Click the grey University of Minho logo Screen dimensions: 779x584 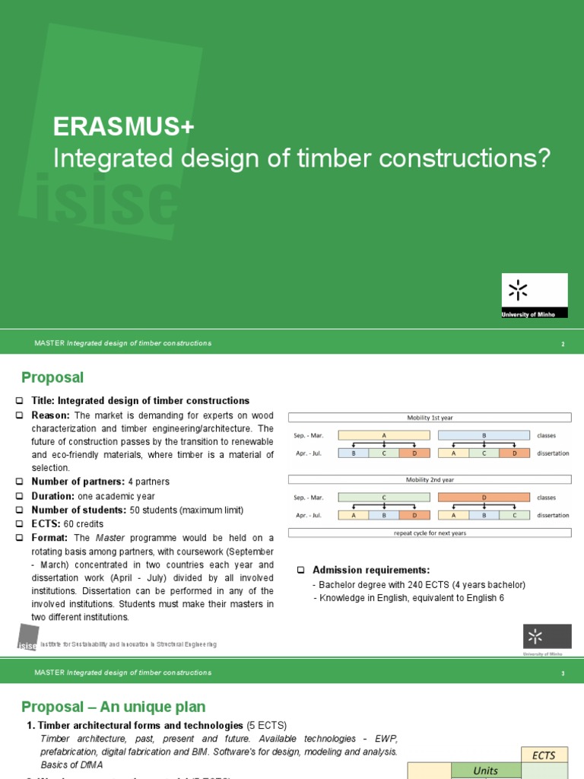546,640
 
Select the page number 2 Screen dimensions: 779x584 563,345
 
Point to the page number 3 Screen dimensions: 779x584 563,674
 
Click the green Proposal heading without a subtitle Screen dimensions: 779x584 52,378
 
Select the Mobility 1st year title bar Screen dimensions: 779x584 430,418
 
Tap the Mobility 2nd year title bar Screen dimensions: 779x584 430,479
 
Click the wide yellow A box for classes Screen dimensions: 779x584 384,436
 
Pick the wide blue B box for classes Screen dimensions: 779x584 484,436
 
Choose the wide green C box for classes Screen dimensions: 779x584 384,498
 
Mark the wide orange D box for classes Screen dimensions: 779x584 484,498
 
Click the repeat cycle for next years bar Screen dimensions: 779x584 430,533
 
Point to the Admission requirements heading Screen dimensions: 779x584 371,571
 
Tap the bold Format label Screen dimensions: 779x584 50,538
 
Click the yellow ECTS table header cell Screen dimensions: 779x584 544,755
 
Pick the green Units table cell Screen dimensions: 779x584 485,771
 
